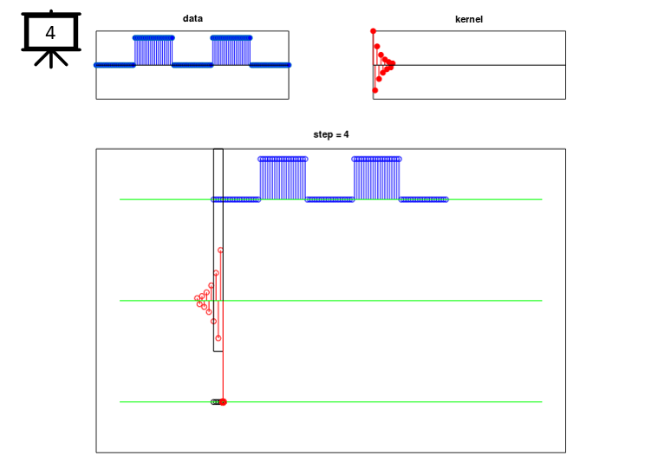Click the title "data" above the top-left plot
(192, 18)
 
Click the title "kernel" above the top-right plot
(469, 19)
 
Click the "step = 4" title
(330, 134)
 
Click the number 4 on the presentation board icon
(50, 33)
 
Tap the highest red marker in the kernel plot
(373, 31)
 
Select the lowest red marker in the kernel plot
(375, 90)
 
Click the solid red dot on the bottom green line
(224, 402)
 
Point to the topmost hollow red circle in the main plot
(220, 251)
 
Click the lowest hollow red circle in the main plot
(218, 338)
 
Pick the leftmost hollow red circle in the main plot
(198, 298)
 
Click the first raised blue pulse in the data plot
(153, 51)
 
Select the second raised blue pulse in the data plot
(231, 51)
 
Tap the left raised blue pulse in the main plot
(283, 179)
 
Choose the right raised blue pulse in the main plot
(376, 179)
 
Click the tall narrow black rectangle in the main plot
(213, 251)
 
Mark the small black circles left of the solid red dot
(215, 402)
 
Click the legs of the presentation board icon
(51, 59)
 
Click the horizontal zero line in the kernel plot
(469, 65)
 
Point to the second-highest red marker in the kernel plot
(377, 47)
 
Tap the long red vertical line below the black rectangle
(223, 376)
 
